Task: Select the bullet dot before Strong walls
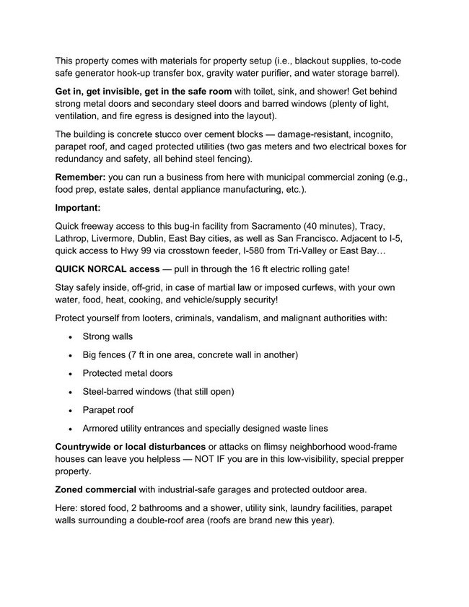[x=69, y=336]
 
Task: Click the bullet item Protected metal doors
[x=128, y=373]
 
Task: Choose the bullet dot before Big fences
[x=69, y=355]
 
